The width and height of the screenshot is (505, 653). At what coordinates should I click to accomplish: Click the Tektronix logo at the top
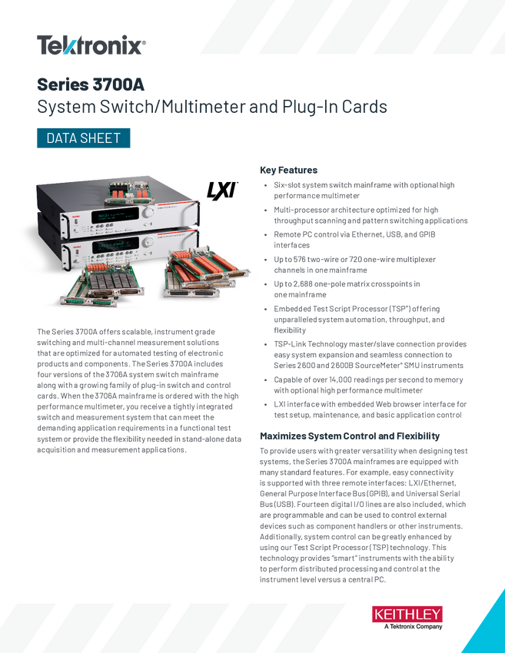click(91, 45)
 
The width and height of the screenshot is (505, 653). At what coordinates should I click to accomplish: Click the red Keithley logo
click(407, 615)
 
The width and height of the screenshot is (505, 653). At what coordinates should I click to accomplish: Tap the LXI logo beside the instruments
click(222, 191)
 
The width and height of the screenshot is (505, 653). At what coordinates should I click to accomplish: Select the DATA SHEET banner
click(83, 138)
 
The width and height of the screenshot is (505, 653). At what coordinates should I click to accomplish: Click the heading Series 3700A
click(91, 85)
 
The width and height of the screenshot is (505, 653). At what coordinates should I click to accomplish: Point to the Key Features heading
click(288, 170)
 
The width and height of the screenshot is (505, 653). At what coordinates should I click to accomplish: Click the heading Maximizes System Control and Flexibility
click(350, 436)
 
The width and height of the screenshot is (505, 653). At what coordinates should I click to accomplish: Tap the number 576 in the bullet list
click(300, 260)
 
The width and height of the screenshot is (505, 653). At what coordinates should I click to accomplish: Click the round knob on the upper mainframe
click(148, 213)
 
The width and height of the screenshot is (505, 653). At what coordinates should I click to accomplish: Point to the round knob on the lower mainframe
click(148, 242)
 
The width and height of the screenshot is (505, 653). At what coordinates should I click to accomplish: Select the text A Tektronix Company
click(413, 626)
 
